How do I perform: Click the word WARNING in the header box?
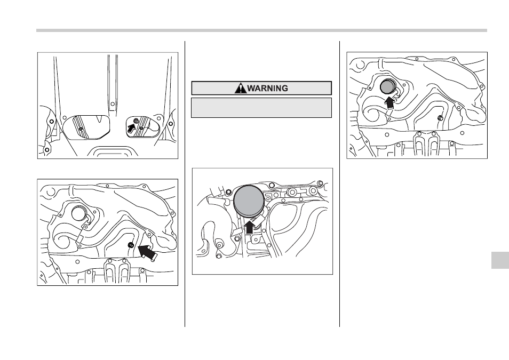pyautogui.click(x=267, y=89)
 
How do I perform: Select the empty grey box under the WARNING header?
pyautogui.click(x=261, y=107)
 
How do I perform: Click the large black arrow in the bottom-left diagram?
pyautogui.click(x=148, y=252)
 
